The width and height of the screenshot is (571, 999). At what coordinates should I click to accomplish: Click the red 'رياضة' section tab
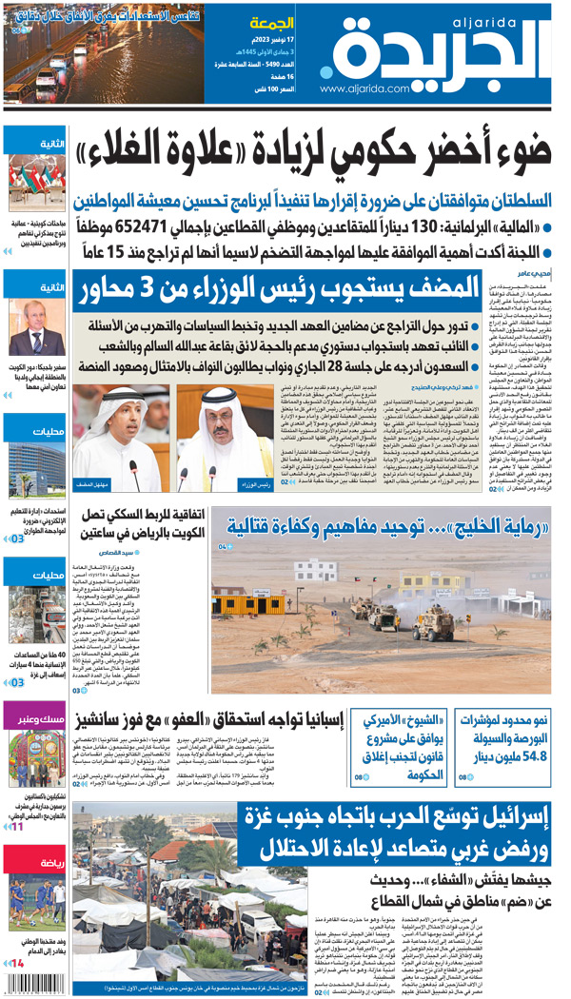(x=35, y=863)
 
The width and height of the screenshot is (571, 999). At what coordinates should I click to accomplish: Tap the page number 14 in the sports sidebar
(x=17, y=965)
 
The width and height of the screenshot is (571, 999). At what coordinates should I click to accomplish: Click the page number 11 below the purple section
(x=17, y=827)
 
